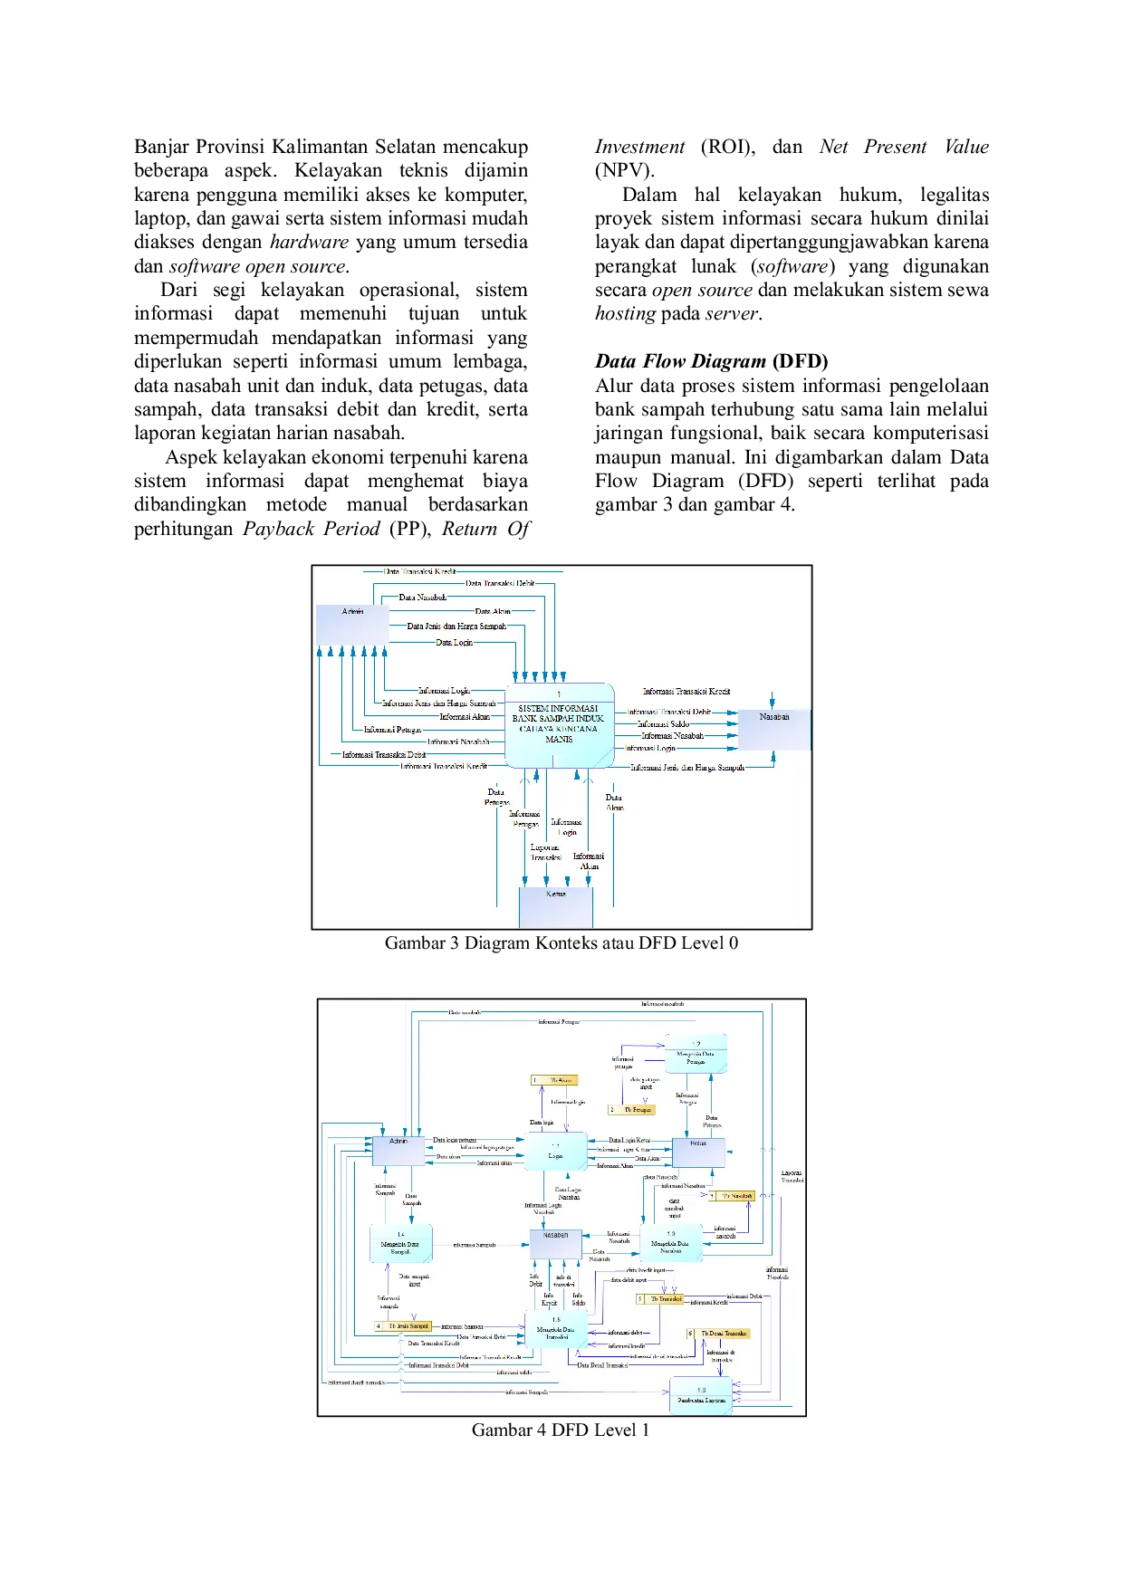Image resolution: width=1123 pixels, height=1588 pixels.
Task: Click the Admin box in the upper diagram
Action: coord(352,624)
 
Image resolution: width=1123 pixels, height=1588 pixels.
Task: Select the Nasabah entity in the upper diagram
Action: coord(773,730)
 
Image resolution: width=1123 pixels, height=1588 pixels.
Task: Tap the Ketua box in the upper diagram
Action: coord(556,906)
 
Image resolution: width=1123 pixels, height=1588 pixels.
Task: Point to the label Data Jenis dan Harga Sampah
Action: coord(456,626)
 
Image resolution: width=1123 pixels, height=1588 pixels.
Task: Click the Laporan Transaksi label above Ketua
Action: coord(545,852)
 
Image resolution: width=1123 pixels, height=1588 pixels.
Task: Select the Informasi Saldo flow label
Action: coord(663,723)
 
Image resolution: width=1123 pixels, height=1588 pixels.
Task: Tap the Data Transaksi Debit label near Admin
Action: coord(500,583)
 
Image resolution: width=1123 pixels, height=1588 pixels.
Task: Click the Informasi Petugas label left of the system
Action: coord(392,729)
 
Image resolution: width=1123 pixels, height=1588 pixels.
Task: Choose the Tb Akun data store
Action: coord(555,1080)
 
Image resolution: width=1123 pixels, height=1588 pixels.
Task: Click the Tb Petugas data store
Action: coord(632,1109)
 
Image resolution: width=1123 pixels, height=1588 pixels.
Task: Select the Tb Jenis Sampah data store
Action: coord(404,1325)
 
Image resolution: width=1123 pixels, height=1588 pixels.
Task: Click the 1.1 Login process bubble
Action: coord(555,1152)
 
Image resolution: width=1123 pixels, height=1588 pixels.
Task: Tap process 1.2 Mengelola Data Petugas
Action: coord(696,1054)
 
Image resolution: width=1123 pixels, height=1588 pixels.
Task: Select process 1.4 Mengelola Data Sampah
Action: coord(400,1244)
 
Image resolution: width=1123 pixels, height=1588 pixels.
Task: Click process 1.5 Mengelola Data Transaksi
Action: coord(556,1329)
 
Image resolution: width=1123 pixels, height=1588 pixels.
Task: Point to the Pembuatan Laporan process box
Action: coord(701,1395)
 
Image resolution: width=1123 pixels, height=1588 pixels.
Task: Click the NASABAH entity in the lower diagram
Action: coord(555,1243)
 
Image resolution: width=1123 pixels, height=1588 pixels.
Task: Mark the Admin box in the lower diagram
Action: coord(398,1151)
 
